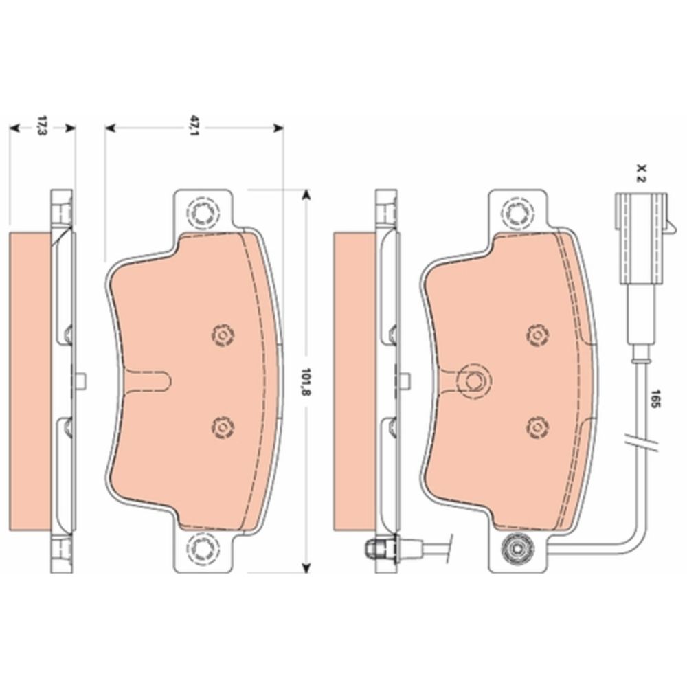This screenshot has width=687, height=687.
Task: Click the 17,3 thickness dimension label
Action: tap(42, 126)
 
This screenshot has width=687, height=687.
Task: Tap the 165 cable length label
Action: tap(655, 398)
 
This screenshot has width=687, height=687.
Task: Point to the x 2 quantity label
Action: tap(642, 173)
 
